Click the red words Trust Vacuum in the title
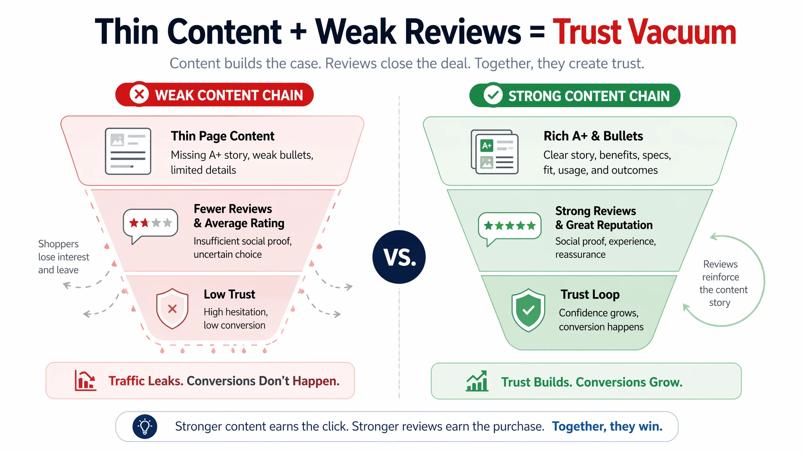(x=644, y=32)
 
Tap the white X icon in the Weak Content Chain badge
(x=139, y=94)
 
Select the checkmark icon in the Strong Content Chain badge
(x=493, y=95)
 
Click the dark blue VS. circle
(x=399, y=257)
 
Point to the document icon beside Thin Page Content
(x=128, y=151)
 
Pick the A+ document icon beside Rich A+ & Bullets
(x=494, y=152)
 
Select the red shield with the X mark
(x=172, y=309)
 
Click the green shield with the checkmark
(x=528, y=310)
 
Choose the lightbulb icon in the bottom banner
(x=145, y=426)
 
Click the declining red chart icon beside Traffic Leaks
(x=85, y=380)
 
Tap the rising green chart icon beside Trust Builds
(x=477, y=381)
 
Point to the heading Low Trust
(x=230, y=294)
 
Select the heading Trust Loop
(x=590, y=295)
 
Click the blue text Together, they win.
(x=607, y=426)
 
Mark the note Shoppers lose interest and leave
(x=64, y=257)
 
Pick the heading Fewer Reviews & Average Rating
(x=239, y=216)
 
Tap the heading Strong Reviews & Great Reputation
(x=604, y=218)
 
